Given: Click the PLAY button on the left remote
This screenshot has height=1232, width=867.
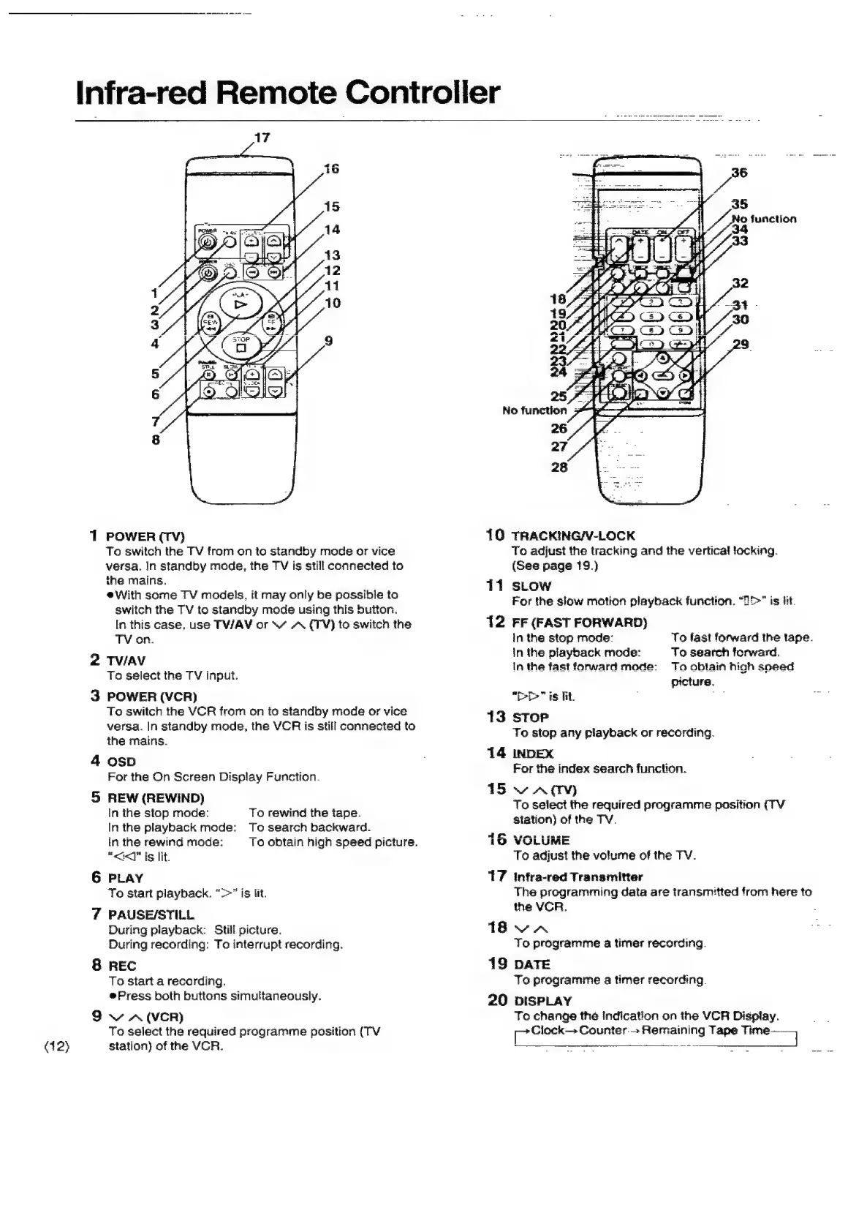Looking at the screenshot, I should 241,303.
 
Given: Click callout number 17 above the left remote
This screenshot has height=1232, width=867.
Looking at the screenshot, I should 262,137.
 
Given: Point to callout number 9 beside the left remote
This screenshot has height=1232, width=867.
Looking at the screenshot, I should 328,340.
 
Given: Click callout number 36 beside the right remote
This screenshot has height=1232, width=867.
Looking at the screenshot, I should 739,173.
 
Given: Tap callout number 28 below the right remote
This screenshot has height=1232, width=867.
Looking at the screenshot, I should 559,467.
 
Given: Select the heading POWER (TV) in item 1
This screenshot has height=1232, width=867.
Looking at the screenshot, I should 145,536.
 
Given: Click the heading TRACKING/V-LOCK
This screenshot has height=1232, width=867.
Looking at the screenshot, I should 573,536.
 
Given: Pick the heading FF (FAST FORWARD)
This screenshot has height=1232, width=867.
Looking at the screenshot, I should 580,623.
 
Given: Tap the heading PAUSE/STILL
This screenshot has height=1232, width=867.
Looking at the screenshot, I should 151,914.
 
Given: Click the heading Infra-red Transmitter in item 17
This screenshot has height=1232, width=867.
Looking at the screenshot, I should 578,876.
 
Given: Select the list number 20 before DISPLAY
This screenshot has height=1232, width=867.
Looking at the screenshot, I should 498,1000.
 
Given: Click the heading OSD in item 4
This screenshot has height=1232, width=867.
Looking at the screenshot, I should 121,762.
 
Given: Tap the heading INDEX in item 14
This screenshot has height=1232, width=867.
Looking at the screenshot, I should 533,754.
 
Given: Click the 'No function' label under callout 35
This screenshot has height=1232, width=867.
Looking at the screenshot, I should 764,219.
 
